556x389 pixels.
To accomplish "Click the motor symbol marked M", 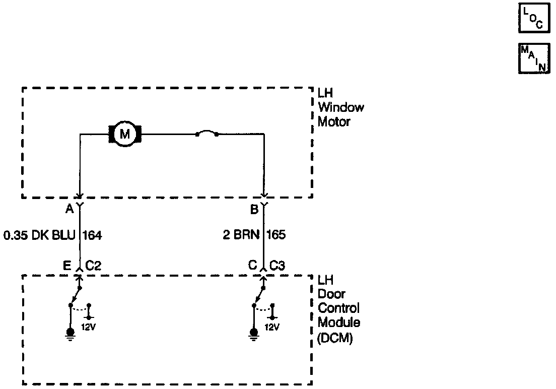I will click(x=124, y=134).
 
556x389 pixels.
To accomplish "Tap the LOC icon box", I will click(x=533, y=19).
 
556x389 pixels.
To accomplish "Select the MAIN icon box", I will click(x=533, y=58).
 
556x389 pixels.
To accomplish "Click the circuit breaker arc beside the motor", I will click(x=206, y=134).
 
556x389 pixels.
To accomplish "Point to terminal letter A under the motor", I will click(x=69, y=208).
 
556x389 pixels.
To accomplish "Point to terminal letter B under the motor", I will click(x=254, y=208).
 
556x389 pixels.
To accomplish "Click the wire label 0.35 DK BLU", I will click(x=40, y=235).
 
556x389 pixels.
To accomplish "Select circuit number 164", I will click(x=92, y=235).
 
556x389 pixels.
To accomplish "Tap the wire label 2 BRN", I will click(x=243, y=235).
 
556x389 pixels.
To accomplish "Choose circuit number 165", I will click(x=275, y=235).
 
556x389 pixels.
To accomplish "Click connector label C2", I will click(x=94, y=265).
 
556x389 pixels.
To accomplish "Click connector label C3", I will click(x=278, y=265).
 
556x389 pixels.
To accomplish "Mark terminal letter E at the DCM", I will click(x=67, y=265).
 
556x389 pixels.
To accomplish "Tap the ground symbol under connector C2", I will click(x=71, y=334).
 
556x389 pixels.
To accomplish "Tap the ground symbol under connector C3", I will click(x=254, y=334).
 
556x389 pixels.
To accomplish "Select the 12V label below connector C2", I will click(x=88, y=327).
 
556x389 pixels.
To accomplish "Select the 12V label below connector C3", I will click(x=271, y=327).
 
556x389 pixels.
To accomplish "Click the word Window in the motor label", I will click(x=341, y=107).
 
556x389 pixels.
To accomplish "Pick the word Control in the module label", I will click(x=338, y=308).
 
